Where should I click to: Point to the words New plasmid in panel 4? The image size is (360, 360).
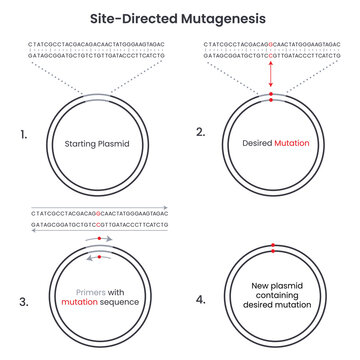(x=270, y=285)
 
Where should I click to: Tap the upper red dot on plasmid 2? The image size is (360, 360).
(x=270, y=94)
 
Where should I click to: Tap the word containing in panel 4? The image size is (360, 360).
(x=270, y=297)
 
